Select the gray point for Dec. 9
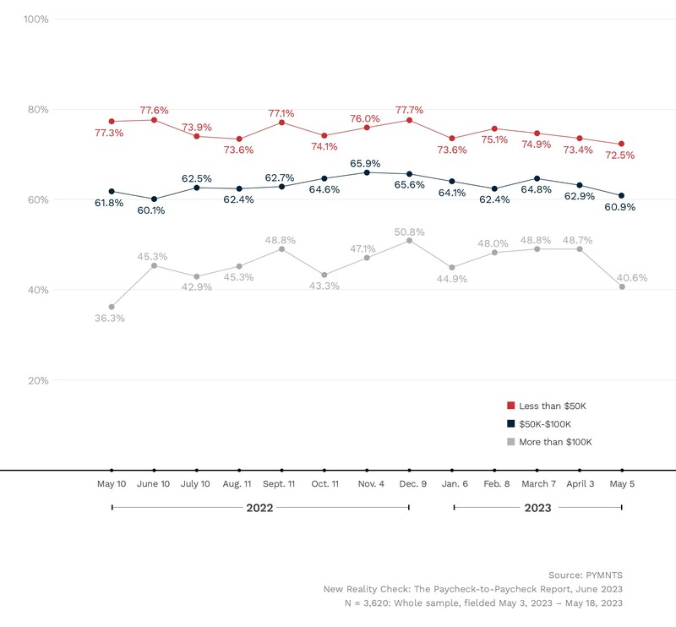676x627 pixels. (x=410, y=241)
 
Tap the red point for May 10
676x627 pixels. (x=112, y=122)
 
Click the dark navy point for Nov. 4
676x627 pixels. (x=367, y=172)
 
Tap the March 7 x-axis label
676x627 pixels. (x=537, y=483)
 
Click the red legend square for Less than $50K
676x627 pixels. (x=510, y=406)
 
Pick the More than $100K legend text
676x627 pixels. (x=556, y=442)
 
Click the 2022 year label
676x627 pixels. (x=259, y=508)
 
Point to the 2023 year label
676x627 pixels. (x=537, y=508)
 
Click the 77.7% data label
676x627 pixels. (x=410, y=110)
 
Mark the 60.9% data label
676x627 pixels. (x=619, y=207)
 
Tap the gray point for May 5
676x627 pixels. (x=623, y=287)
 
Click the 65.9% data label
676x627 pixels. (x=367, y=162)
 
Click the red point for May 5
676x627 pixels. (x=623, y=144)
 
